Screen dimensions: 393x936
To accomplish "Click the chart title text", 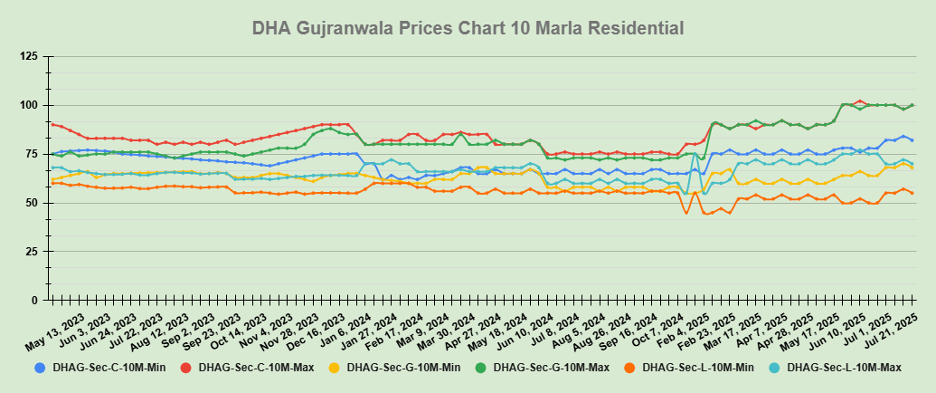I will (468, 28).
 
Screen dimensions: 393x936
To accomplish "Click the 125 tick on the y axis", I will (29, 57).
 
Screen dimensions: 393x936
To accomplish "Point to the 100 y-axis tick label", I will (29, 106).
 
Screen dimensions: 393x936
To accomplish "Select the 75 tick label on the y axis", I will (32, 154).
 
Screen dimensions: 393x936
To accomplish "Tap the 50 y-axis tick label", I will (32, 203).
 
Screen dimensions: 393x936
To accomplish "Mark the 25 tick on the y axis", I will (32, 252).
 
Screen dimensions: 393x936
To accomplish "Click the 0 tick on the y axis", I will (34, 300).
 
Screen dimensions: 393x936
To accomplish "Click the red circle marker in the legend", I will (185, 368).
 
